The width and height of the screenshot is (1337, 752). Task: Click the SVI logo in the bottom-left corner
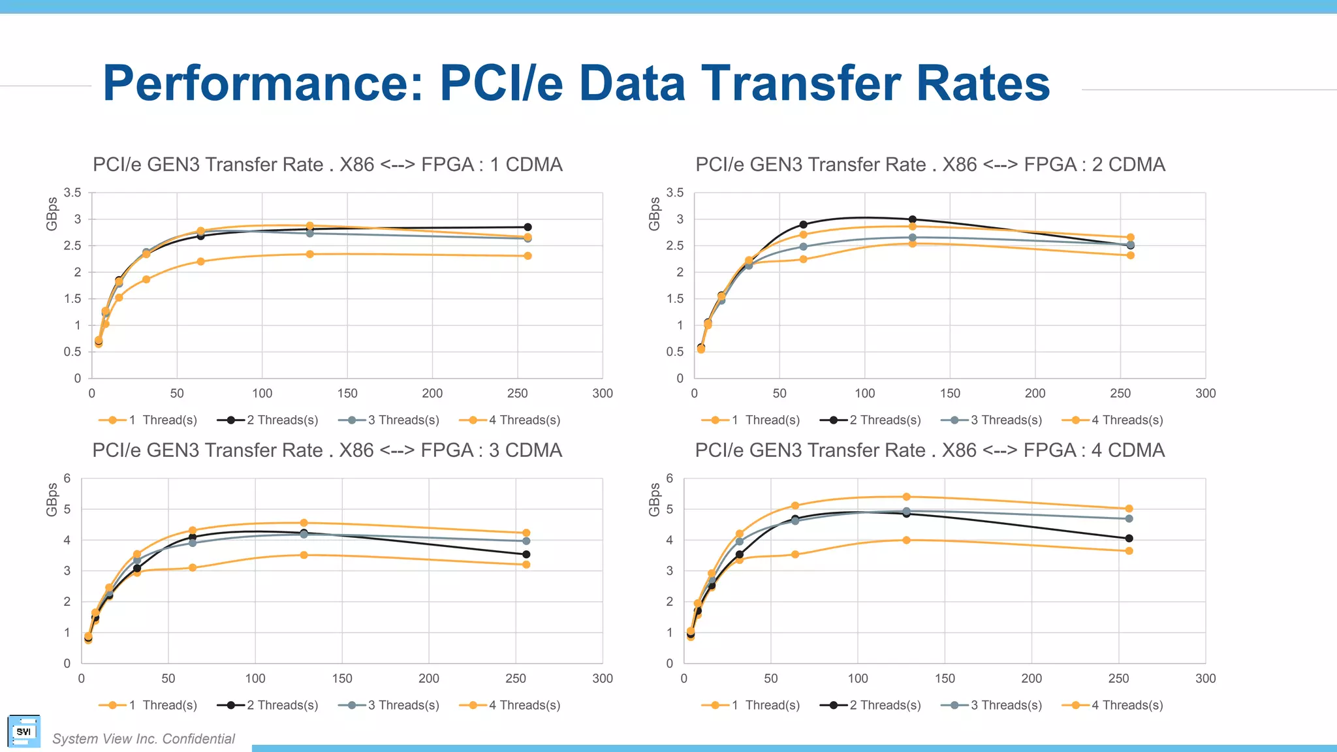24,732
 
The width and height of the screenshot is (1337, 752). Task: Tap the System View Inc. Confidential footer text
144,739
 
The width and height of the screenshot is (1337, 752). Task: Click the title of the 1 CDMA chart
327,164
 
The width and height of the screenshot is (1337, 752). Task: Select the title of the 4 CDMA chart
930,450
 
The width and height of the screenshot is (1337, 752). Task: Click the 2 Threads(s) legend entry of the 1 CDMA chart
268,420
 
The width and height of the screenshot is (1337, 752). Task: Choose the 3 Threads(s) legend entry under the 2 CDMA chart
992,420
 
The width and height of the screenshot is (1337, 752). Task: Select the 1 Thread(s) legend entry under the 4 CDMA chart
751,706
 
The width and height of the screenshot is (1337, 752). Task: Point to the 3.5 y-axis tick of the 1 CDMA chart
72,193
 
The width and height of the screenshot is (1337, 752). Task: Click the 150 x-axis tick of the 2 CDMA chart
950,394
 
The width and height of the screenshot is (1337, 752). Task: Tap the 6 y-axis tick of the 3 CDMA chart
67,478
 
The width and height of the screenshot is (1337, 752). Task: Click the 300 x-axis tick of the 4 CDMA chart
1205,679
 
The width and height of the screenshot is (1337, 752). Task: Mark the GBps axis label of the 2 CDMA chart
654,213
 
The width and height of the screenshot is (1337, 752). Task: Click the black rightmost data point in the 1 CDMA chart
527,227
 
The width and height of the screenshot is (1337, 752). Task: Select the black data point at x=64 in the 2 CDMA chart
803,225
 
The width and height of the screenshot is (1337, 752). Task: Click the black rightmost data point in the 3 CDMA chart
526,555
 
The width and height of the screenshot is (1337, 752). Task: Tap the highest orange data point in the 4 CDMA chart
906,497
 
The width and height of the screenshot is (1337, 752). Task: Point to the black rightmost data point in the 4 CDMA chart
1129,539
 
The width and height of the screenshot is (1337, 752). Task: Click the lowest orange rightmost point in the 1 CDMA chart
527,256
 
